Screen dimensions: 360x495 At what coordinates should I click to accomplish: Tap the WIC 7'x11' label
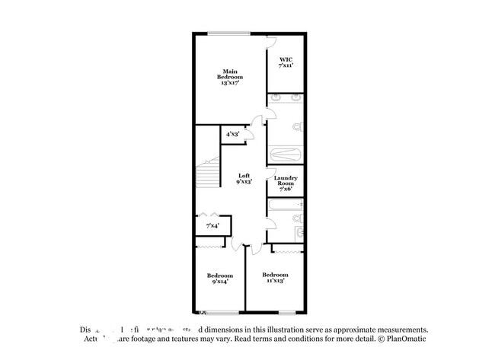click(286, 62)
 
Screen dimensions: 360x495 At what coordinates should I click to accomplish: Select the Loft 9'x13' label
click(244, 179)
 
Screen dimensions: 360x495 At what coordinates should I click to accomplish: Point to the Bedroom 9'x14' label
click(220, 278)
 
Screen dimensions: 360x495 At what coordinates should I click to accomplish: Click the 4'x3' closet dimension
click(232, 134)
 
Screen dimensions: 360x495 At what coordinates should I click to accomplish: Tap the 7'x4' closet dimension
click(212, 226)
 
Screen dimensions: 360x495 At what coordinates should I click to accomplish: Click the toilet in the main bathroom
click(298, 126)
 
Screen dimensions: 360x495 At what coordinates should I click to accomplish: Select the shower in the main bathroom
click(286, 154)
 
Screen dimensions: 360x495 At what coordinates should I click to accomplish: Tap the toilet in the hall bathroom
click(298, 218)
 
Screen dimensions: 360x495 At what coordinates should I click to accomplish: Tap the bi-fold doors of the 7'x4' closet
click(212, 215)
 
